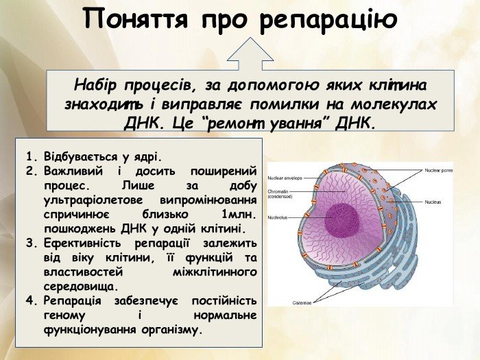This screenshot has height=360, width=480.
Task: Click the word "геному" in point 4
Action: [64, 315]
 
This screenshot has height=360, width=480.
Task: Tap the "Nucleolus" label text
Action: [278, 217]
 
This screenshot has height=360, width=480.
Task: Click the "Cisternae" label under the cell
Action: [302, 302]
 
